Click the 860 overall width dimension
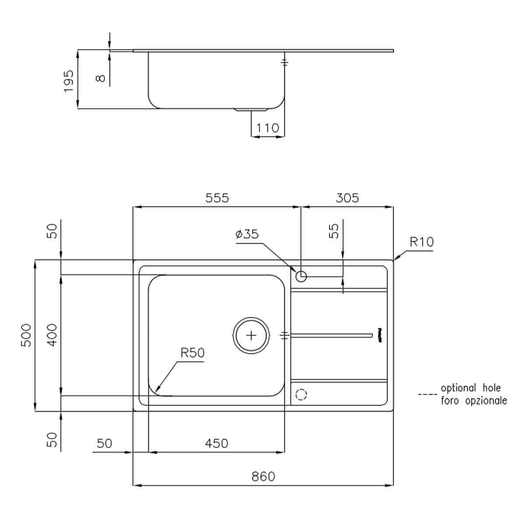point(263,476)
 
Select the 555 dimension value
point(217,198)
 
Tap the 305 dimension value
point(347,198)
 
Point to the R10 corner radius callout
point(421,242)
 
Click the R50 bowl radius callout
point(192,353)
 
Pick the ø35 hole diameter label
point(247,234)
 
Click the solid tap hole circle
point(301,276)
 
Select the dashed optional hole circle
point(301,395)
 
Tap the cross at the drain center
point(251,336)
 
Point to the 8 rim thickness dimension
point(101,78)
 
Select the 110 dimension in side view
point(267,128)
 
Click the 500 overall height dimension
point(27,335)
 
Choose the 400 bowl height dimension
point(52,335)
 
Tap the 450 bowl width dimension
point(217,444)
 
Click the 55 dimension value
point(333,231)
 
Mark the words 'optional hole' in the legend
point(470,388)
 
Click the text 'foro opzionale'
point(473,401)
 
